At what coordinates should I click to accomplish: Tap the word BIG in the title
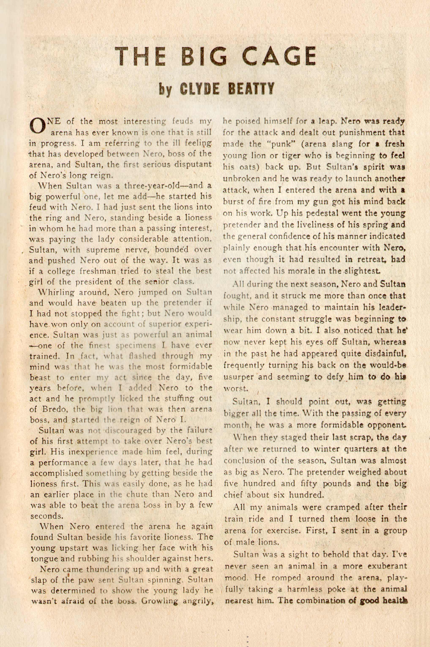tap(199, 57)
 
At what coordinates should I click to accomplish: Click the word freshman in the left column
tap(106, 271)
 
